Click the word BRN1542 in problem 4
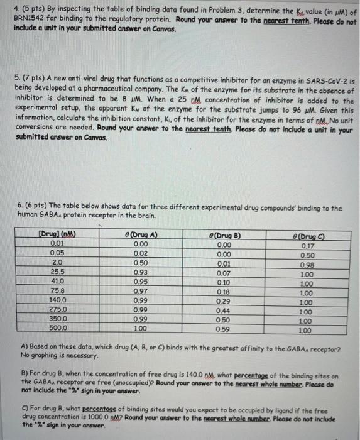[31, 19]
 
